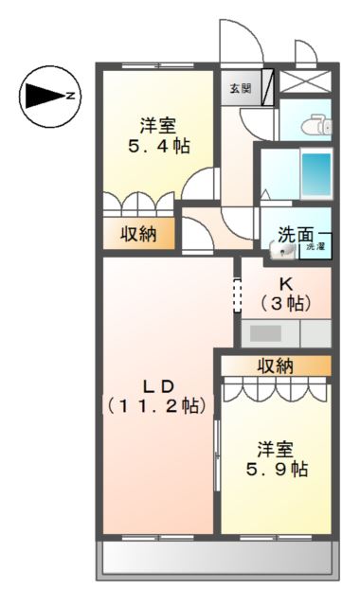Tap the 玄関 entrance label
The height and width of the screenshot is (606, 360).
[x=240, y=89]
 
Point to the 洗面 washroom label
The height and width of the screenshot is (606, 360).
[x=295, y=234]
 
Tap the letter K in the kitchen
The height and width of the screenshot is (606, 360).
[x=286, y=282]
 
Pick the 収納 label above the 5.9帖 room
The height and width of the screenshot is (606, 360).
[x=276, y=365]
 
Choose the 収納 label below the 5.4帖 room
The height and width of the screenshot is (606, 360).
[x=139, y=233]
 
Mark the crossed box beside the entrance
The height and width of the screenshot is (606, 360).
[x=302, y=80]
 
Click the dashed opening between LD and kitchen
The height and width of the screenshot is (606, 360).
[x=237, y=294]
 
